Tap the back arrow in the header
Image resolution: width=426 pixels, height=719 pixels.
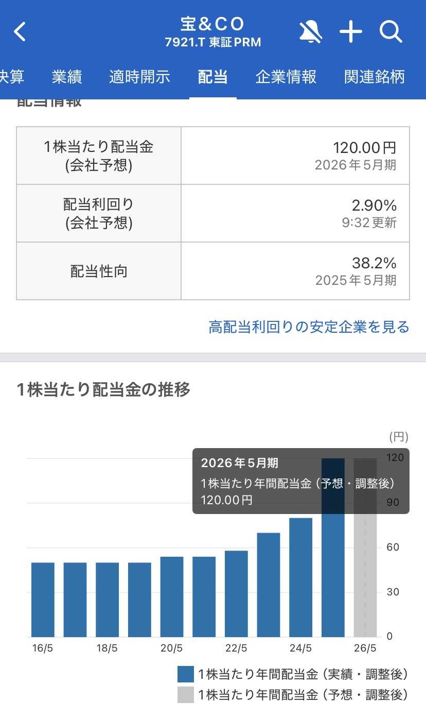coord(20,32)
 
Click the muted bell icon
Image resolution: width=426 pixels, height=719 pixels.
coord(311,32)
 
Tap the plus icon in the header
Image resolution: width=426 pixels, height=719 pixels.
coord(351,32)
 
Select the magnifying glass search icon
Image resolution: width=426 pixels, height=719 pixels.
coord(390,32)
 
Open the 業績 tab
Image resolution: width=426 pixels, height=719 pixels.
coord(67,77)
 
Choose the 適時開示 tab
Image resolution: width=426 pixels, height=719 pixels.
coord(139,77)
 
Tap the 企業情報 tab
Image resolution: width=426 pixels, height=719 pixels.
coord(286,77)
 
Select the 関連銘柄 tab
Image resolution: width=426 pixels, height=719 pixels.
coord(375,77)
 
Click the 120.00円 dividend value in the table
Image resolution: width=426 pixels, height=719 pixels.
coord(364,148)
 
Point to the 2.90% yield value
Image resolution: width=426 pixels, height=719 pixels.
coord(374,206)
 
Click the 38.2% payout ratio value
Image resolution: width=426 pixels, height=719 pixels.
coord(374,263)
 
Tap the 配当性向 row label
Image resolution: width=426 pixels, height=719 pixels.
coord(99,271)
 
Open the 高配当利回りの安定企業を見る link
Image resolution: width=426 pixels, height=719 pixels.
coord(309,327)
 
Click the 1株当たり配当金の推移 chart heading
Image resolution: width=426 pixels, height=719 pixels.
coord(103,390)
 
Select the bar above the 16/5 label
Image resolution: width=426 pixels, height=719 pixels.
coord(43,600)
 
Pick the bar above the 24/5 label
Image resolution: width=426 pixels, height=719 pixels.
coord(301,577)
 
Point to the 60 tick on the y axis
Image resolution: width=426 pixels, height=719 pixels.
coord(393,547)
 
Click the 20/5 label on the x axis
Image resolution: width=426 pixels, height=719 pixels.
coord(171,648)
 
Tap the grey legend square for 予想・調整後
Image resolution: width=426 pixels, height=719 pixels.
coord(186,695)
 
